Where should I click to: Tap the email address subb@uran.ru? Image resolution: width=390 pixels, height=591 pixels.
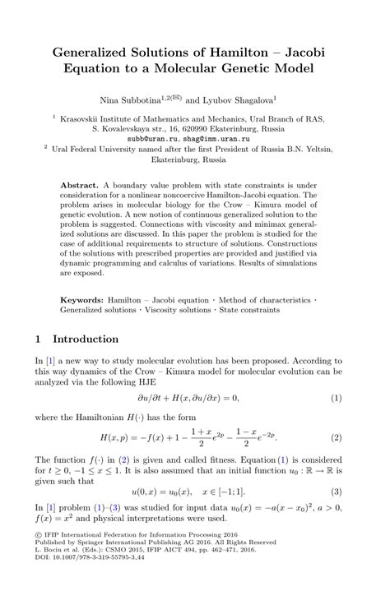[x=163, y=139]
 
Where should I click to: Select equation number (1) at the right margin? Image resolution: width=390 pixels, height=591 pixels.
[x=336, y=398]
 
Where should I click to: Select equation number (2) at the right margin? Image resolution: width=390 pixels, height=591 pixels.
[x=336, y=436]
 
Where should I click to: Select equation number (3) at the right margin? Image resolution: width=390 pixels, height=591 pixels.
[x=336, y=492]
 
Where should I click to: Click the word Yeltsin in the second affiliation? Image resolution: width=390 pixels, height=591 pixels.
[x=315, y=150]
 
